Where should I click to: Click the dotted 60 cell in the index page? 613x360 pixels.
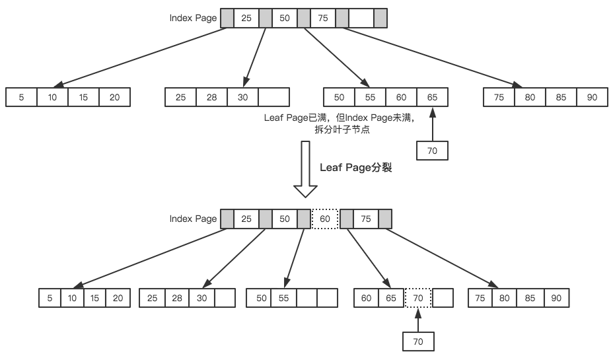(324, 219)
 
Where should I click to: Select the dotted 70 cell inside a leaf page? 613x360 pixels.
(417, 298)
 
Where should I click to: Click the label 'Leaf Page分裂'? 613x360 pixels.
(356, 168)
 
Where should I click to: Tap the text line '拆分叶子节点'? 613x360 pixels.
(342, 129)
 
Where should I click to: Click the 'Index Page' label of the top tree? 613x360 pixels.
(193, 18)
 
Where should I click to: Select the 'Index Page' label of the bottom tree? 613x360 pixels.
(193, 219)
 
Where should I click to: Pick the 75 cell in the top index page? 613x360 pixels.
(323, 18)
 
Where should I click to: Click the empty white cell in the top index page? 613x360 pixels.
(361, 18)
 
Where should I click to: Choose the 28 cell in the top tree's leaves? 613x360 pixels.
(211, 97)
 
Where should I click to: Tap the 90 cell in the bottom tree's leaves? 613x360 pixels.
(556, 298)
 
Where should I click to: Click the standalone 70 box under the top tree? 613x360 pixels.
(433, 150)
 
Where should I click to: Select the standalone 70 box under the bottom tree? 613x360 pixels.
(417, 341)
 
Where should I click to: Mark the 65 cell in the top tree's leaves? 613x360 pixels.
(432, 97)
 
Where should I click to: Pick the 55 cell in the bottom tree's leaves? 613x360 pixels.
(283, 298)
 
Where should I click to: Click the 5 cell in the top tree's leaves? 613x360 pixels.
(21, 97)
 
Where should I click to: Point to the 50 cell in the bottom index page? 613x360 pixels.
(285, 219)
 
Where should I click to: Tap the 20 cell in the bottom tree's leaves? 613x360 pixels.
(118, 298)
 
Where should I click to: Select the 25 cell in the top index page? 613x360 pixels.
(246, 18)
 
